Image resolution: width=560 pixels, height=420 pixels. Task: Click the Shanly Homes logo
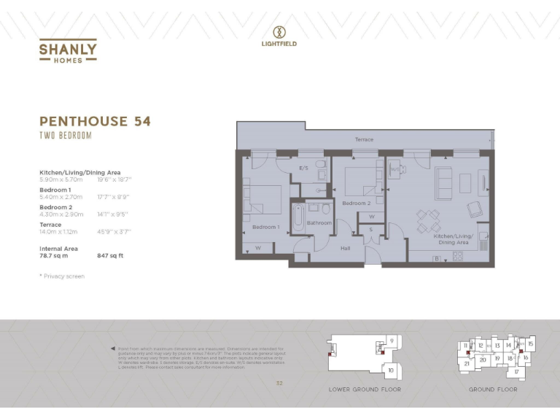coord(68,50)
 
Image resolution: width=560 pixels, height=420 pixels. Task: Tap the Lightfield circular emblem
coord(279,31)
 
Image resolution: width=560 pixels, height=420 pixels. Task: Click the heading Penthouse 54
coord(95,121)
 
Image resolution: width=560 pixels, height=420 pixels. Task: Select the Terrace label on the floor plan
coord(364,139)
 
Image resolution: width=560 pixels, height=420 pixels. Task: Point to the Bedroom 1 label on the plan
coord(266,227)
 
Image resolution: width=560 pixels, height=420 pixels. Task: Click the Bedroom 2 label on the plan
coord(357,203)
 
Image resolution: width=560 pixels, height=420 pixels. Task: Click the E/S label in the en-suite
coord(304,168)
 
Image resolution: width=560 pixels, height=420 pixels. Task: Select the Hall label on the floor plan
coord(346,248)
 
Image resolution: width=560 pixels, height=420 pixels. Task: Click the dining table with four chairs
coord(428,220)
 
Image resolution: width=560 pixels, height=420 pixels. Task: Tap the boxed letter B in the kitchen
coord(436,257)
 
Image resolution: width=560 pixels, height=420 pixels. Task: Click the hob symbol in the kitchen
coord(458,256)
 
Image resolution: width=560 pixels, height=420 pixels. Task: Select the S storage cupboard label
coord(371,230)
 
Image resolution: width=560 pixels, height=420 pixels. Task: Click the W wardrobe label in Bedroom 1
coord(259,248)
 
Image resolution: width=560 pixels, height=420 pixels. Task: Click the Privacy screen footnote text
coord(62,276)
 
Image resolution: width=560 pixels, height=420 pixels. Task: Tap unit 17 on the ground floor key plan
coord(516,372)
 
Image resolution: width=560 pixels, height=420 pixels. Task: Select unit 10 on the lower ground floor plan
coord(391,370)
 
